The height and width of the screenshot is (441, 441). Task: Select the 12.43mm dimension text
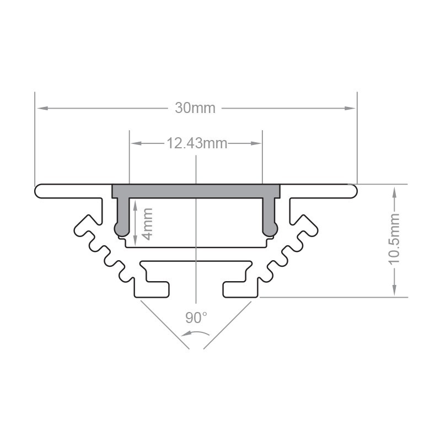pyautogui.click(x=197, y=144)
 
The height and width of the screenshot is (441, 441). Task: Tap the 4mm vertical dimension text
pyautogui.click(x=147, y=223)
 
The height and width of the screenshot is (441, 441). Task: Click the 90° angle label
pyautogui.click(x=196, y=318)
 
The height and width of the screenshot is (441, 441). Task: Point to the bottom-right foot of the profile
pyautogui.click(x=239, y=289)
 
